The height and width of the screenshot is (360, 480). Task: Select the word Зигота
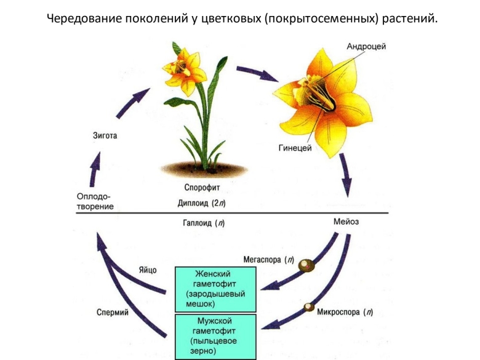point(105,135)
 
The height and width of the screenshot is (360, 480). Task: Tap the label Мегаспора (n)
point(269,260)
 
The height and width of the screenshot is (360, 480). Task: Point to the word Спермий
point(113,312)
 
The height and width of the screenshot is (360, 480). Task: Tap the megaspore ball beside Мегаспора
point(305,265)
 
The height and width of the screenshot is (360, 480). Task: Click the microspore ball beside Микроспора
point(307,306)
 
